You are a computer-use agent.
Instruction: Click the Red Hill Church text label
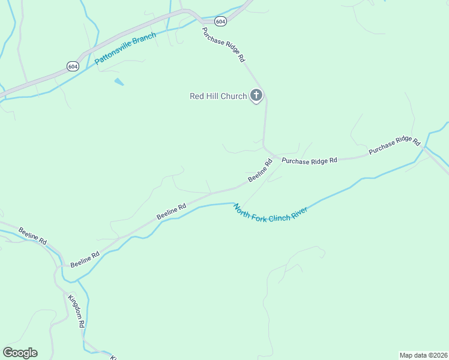218,96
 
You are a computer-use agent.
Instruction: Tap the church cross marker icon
256,95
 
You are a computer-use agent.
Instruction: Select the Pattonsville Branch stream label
125,49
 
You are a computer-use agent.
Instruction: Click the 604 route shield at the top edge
220,21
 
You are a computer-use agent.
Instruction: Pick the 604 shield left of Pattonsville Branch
73,66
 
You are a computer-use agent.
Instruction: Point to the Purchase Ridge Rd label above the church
223,45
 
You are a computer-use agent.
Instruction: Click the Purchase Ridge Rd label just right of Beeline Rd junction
310,160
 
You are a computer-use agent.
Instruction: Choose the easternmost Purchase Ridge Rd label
394,146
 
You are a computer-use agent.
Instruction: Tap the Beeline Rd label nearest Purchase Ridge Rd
260,171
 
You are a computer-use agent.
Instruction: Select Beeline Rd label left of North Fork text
172,211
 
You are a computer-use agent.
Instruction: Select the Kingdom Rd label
76,311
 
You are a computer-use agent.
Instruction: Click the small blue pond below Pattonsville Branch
119,82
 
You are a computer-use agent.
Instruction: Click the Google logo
20,353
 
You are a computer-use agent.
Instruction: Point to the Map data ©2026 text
423,355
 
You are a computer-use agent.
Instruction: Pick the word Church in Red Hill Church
234,96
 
